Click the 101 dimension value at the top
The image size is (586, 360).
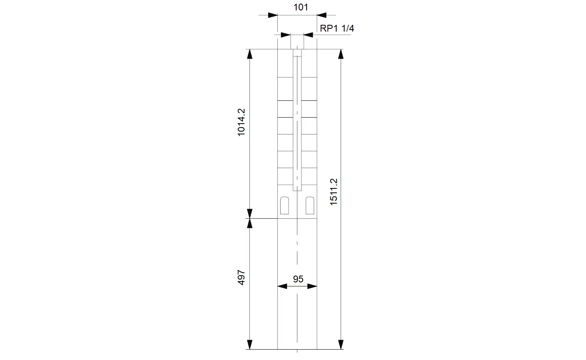(301, 7)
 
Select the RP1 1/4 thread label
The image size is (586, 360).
(337, 28)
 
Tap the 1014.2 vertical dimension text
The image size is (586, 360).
(241, 122)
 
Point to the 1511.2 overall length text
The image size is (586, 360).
(333, 192)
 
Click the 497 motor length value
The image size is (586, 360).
(241, 277)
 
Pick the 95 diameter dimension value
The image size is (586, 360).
(298, 279)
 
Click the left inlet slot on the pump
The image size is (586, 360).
(284, 206)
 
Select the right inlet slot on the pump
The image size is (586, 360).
(310, 206)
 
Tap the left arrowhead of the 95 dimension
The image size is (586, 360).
(282, 286)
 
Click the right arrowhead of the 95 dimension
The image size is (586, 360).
(312, 286)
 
